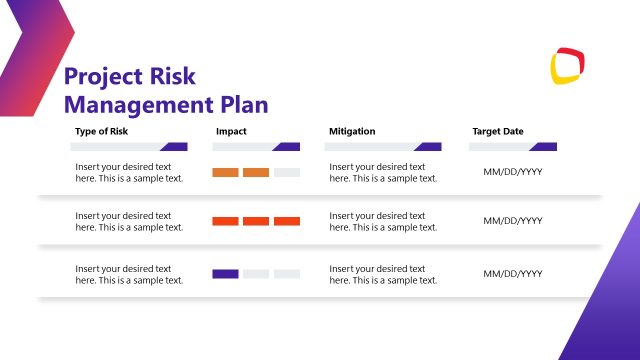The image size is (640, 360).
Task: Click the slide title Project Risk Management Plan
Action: pos(166,90)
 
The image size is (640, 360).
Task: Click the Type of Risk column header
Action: pos(102,131)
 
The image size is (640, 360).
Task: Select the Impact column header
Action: pos(230,131)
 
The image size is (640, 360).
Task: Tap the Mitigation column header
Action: pos(352,131)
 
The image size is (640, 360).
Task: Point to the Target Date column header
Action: pos(497,131)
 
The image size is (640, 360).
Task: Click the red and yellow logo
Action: pos(567,66)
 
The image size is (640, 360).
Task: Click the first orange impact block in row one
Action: pos(225,172)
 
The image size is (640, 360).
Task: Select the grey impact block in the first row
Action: pos(287,172)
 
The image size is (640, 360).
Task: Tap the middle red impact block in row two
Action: pos(256,221)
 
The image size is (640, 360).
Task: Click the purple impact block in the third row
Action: pos(225,273)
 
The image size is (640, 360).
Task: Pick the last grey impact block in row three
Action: pos(287,273)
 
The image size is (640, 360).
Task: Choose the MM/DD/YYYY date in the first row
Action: pos(512,172)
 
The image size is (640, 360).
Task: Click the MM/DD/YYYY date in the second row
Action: pos(512,221)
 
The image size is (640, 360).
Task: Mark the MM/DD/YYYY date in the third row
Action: pos(512,273)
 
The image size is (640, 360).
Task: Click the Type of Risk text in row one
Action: pos(129,172)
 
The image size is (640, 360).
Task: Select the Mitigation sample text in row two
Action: pos(383,221)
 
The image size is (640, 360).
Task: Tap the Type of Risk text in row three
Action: pos(129,274)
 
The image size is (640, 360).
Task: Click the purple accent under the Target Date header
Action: pos(545,147)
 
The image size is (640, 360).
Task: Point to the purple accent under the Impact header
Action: pos(288,147)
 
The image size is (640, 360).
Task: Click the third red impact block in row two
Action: pos(287,221)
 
